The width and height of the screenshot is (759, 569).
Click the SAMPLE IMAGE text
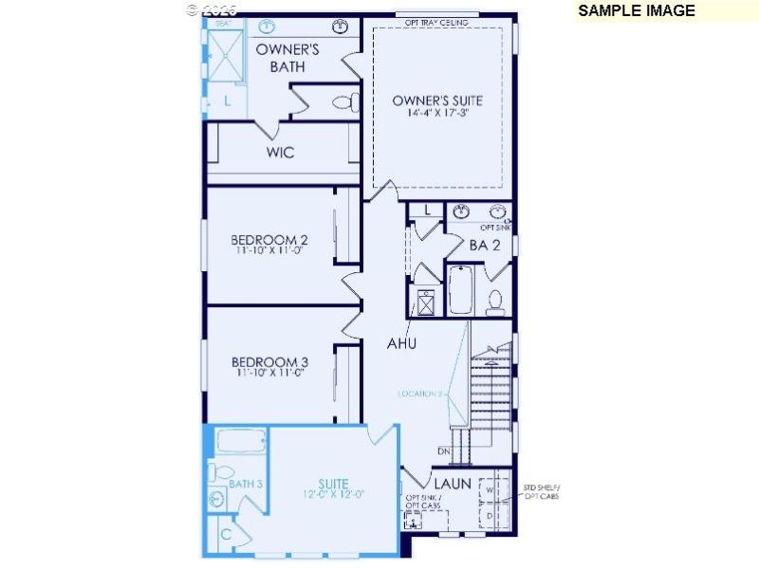636,11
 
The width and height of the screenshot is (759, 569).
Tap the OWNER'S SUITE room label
437,100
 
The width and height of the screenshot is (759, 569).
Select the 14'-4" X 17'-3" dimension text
437,113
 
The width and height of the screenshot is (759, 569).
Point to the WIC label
280,152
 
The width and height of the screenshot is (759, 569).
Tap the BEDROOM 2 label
270,239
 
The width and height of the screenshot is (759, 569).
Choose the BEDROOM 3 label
270,361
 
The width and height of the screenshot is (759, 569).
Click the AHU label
401,343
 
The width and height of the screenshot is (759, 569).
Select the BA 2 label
485,245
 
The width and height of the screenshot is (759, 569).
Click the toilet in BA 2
495,301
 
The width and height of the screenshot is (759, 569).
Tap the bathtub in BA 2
461,290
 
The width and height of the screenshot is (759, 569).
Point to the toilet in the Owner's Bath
342,101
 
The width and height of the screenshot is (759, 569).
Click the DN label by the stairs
444,451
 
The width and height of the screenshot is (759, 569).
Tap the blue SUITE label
333,484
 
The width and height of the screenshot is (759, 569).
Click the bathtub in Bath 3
241,442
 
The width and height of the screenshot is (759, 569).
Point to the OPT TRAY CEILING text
437,22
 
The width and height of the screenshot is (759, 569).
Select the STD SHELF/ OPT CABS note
542,492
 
